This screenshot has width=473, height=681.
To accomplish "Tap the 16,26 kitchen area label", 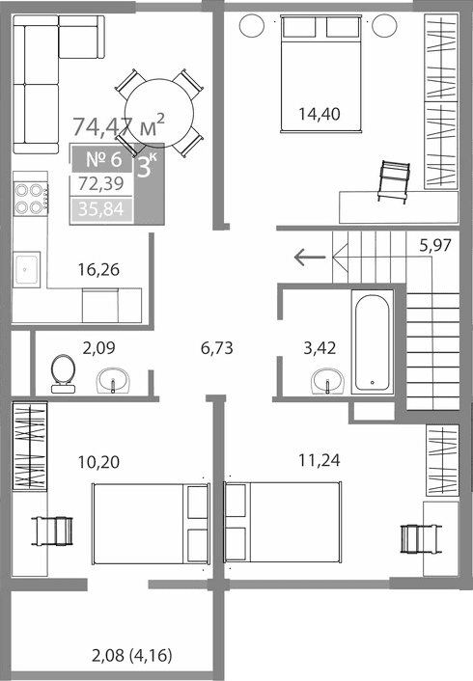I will point(97,270).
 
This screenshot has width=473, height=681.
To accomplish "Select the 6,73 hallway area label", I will point(218,348).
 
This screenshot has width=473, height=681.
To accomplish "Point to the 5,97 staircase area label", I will point(436,245).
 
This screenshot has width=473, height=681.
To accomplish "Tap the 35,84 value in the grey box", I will point(100,207).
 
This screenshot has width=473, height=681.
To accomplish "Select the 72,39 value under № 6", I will point(100,184).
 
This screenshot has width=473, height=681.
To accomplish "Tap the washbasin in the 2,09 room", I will point(116,383).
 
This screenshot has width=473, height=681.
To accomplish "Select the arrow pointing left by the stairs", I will point(309,257).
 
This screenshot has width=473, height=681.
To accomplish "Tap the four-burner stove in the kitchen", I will point(31,198).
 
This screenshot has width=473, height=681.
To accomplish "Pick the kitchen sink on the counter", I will point(27,269).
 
